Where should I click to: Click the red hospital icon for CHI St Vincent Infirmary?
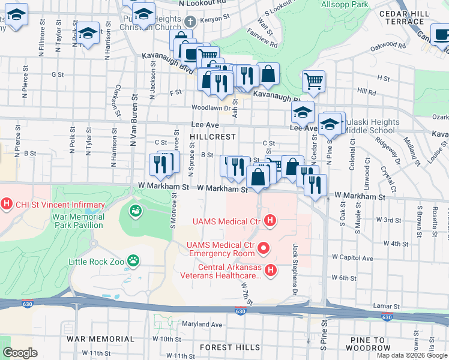[7, 204]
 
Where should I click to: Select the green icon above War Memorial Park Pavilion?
[136, 211]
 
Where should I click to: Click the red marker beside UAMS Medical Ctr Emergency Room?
[262, 247]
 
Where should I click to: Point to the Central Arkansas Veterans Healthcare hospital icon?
[270, 271]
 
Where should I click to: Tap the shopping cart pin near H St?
[313, 81]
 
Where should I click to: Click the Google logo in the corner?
[19, 353]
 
